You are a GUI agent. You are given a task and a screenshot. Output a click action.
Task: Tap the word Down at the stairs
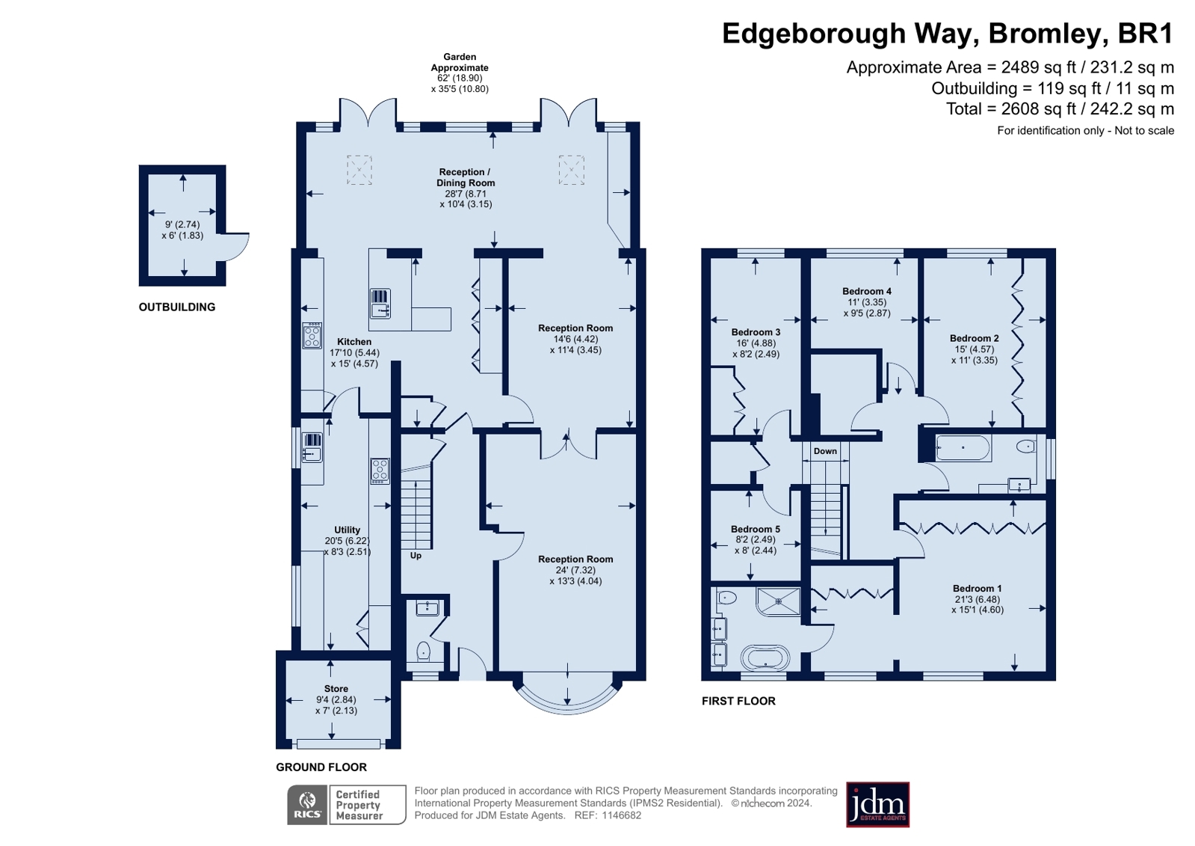tap(825, 451)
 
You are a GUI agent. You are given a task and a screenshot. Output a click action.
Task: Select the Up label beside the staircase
tap(416, 556)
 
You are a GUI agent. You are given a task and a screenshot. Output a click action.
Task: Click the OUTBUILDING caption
tap(177, 307)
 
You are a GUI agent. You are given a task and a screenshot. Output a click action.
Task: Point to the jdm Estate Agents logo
tap(877, 805)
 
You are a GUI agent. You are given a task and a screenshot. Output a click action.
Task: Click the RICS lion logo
tap(307, 805)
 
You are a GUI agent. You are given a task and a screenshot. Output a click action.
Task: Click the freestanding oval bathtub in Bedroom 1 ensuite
tap(765, 658)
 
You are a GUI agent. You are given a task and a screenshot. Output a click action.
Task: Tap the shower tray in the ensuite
tap(778, 601)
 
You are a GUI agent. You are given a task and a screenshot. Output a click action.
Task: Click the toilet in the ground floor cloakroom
tap(424, 652)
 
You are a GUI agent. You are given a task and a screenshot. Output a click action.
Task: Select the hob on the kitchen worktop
tap(312, 335)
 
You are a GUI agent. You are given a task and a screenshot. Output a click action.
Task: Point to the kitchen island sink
tap(380, 304)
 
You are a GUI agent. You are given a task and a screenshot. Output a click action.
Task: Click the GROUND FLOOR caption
tap(321, 767)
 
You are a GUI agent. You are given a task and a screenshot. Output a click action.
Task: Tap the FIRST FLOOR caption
tap(738, 702)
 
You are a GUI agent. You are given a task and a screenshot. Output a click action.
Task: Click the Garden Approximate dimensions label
tap(460, 73)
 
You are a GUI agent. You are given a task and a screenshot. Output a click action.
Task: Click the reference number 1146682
tap(622, 815)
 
